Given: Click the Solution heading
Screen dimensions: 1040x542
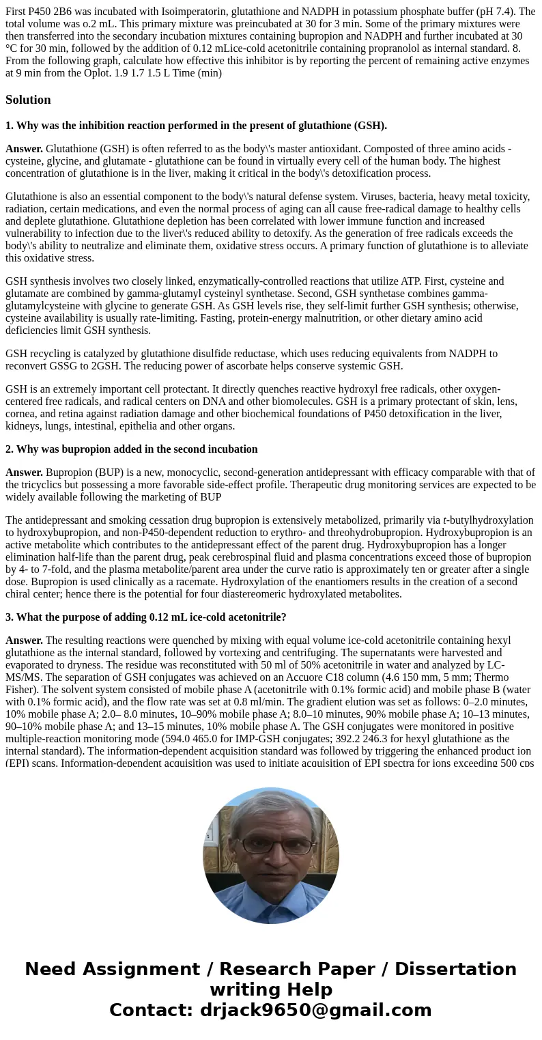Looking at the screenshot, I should coord(28,100).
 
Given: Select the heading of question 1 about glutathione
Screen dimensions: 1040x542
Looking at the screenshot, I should coord(196,126).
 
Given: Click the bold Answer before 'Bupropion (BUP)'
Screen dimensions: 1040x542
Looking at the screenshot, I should coord(24,473).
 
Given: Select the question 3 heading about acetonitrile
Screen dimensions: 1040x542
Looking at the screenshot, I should coord(145,617).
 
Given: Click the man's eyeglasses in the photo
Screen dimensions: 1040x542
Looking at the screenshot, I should coord(271,845).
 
